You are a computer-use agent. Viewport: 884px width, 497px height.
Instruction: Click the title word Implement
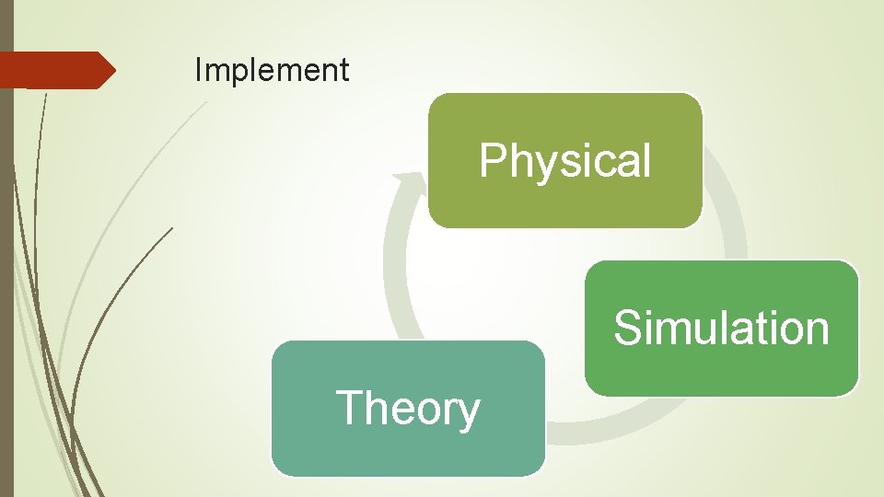coord(272,70)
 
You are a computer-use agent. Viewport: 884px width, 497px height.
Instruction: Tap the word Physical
coord(564,161)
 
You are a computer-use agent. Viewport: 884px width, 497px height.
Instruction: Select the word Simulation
coord(721,328)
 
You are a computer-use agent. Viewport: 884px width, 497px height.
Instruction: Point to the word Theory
coord(407,409)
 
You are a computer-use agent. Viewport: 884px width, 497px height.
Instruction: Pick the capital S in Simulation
coord(628,328)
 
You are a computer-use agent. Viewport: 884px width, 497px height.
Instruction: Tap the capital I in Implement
coord(198,70)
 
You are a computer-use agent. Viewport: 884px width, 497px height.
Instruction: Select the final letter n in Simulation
coord(818,329)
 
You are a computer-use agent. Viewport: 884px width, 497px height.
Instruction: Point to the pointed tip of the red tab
coord(113,70)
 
